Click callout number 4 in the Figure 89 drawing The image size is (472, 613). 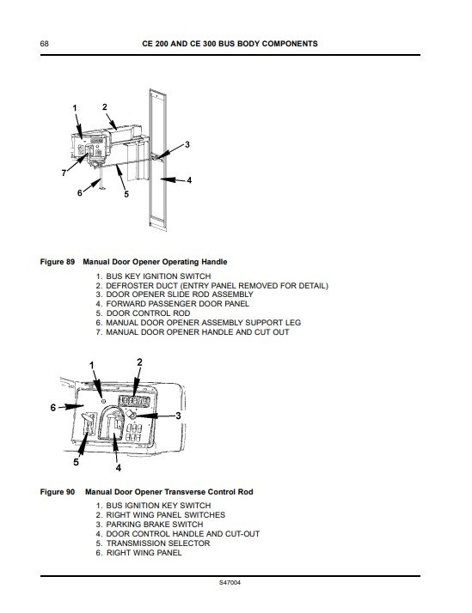190,180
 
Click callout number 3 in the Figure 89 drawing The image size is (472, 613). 187,144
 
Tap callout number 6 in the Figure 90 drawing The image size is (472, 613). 54,407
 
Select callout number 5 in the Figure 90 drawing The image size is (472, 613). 76,462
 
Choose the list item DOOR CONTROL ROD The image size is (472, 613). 149,313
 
